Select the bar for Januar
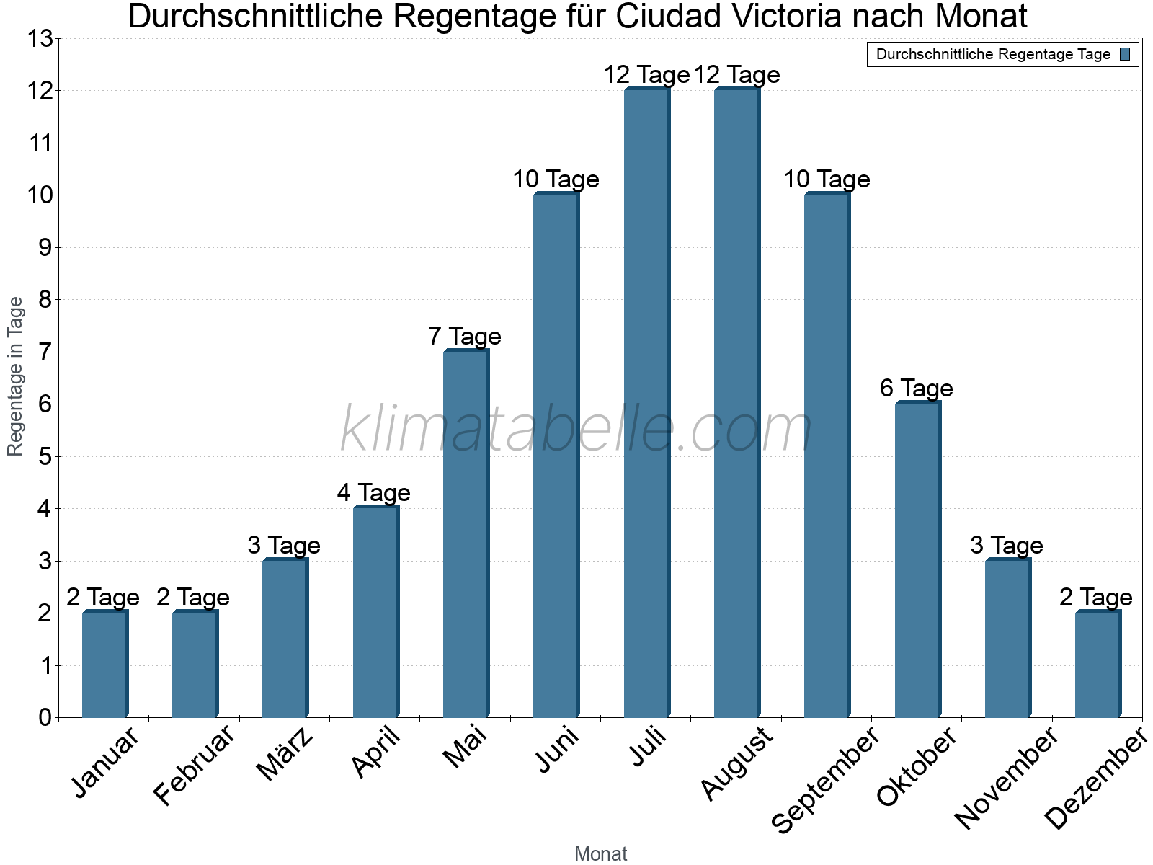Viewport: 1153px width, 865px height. pyautogui.click(x=104, y=664)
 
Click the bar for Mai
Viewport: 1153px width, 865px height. pyautogui.click(x=466, y=533)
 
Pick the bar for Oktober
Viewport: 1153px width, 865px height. pyautogui.click(x=917, y=559)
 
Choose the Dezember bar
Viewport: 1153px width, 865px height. pyautogui.click(x=1098, y=664)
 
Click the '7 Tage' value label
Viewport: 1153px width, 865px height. pyautogui.click(x=465, y=337)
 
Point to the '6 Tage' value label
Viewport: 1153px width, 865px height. pyautogui.click(x=916, y=389)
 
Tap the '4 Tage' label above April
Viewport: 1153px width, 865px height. pyautogui.click(x=374, y=493)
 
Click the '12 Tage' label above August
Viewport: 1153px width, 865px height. pyautogui.click(x=736, y=75)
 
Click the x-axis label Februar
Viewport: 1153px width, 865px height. pyautogui.click(x=195, y=765)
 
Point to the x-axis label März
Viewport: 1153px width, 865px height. pyautogui.click(x=285, y=755)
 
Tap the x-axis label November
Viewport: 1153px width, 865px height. pyautogui.click(x=1007, y=778)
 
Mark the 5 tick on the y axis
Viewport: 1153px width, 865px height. pyautogui.click(x=46, y=456)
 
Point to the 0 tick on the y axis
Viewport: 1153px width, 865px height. pyautogui.click(x=46, y=717)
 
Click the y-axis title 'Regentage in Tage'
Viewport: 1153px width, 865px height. pyautogui.click(x=16, y=376)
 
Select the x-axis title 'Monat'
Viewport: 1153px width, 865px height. pyautogui.click(x=601, y=854)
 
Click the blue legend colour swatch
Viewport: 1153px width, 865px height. pyautogui.click(x=1126, y=54)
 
